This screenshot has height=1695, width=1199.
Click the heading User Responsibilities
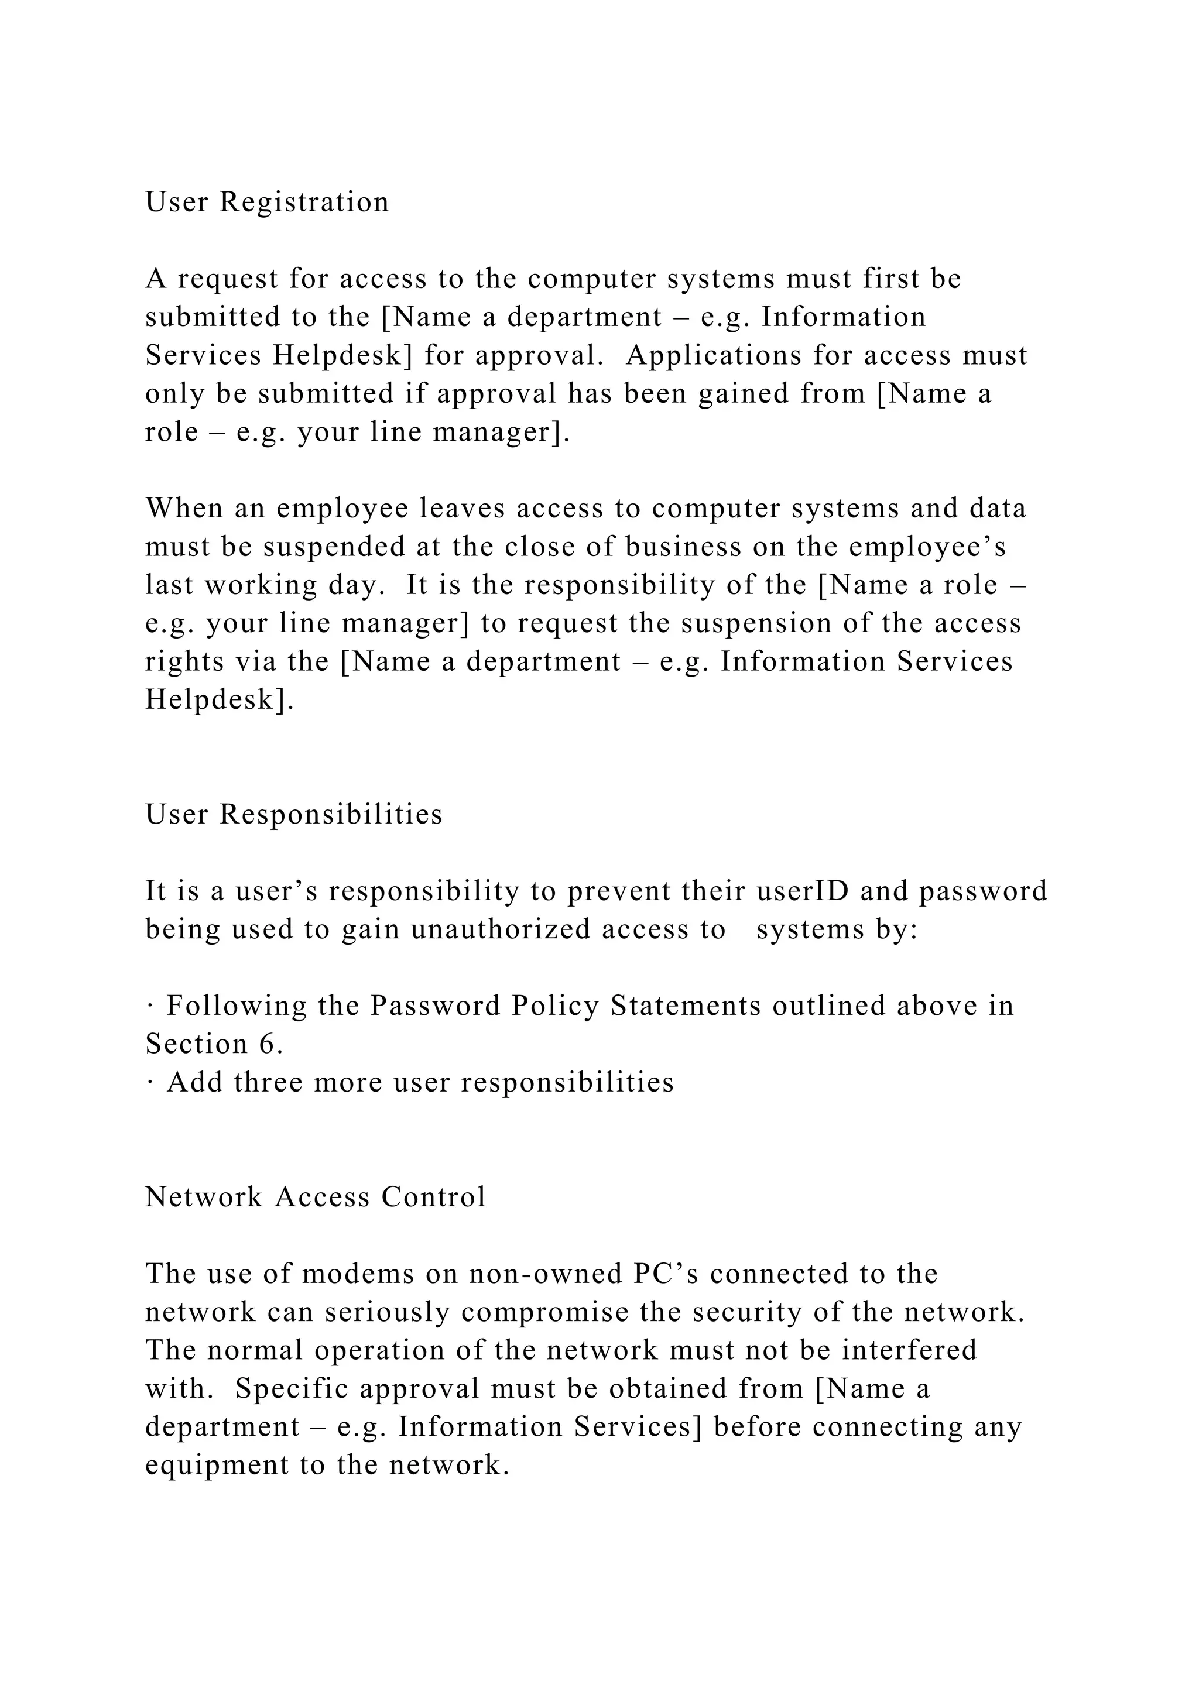click(293, 814)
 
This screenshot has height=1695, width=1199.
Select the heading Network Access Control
click(315, 1197)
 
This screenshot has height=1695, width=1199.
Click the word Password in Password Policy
click(435, 1006)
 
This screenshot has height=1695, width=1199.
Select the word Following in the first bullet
click(237, 1006)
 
